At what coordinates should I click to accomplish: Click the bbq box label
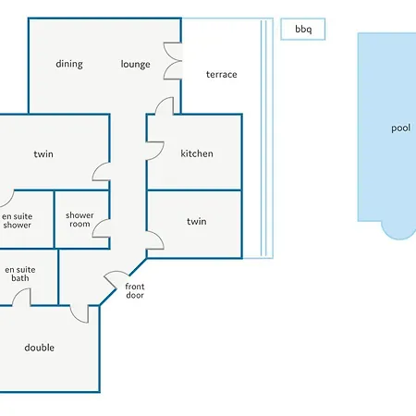coord(303,30)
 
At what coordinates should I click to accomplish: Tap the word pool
coord(400,128)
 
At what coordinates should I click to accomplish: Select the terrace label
coord(222,74)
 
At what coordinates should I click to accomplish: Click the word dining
coord(69,64)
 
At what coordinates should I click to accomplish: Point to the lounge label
coord(136,64)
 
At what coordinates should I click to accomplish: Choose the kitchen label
coord(197,153)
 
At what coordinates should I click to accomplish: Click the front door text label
coord(135,290)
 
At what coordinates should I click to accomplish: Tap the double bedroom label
coord(40,348)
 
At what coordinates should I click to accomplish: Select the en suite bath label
coord(20,274)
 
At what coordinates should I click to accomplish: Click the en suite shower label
coord(17,221)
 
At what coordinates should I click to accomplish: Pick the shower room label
coord(80,219)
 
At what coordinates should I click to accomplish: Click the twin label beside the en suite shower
coord(43,153)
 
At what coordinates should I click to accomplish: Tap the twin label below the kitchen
coord(197,221)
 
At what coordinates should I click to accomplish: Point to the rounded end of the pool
coord(398,236)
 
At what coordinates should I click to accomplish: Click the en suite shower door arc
coord(10,201)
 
